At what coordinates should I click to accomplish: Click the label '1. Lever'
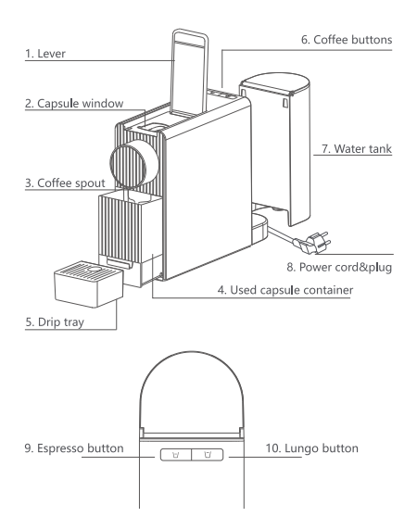coord(45,54)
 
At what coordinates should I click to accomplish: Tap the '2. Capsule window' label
coord(74,103)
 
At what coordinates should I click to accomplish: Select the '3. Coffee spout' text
coord(65,183)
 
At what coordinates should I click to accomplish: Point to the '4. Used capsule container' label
coord(285,290)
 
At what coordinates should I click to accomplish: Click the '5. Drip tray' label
coord(55,322)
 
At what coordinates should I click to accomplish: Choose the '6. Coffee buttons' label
coord(347,40)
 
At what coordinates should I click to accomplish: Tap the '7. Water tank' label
coord(357,148)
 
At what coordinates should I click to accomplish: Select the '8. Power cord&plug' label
coord(339,267)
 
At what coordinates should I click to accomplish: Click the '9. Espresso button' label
coord(74,448)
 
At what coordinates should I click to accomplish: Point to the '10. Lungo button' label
coord(312,448)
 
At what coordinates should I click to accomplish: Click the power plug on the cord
coord(312,243)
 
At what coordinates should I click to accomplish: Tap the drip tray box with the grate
coord(89,284)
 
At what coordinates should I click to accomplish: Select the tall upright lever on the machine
coord(190,72)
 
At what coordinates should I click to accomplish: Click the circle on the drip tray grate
coord(95,270)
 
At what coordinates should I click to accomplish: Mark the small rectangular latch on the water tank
coord(285,103)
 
